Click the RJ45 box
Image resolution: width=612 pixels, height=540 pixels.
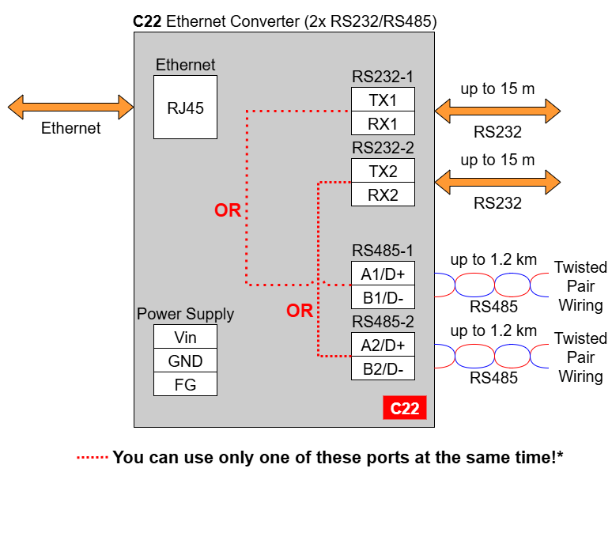[x=185, y=108]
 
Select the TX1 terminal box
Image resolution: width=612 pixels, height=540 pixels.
[x=383, y=100]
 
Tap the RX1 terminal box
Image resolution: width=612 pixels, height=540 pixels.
[x=383, y=123]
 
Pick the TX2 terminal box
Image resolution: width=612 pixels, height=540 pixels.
[x=383, y=171]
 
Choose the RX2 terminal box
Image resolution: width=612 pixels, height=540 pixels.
[x=383, y=194]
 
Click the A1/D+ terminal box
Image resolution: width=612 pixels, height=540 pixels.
[x=383, y=273]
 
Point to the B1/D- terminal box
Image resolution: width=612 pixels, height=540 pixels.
[x=383, y=297]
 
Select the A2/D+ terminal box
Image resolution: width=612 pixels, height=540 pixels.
[x=383, y=345]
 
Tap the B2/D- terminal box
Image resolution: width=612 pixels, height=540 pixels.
[x=383, y=368]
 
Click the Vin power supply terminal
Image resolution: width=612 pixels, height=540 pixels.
[x=185, y=337]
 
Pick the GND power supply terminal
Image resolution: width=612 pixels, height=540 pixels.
[x=185, y=361]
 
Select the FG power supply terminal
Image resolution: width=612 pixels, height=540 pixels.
[x=185, y=384]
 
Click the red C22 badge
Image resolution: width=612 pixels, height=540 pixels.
[x=405, y=408]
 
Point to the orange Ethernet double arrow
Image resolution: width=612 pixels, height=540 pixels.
[x=70, y=107]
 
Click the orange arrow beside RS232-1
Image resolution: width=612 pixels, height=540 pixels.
[x=497, y=111]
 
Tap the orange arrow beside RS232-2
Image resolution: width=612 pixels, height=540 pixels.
[x=497, y=182]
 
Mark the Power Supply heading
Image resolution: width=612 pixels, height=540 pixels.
[x=185, y=314]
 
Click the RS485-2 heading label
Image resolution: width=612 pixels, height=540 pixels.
[x=383, y=322]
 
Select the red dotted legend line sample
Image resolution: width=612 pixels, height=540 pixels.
[x=92, y=457]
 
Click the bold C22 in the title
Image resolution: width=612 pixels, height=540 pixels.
[x=147, y=21]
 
